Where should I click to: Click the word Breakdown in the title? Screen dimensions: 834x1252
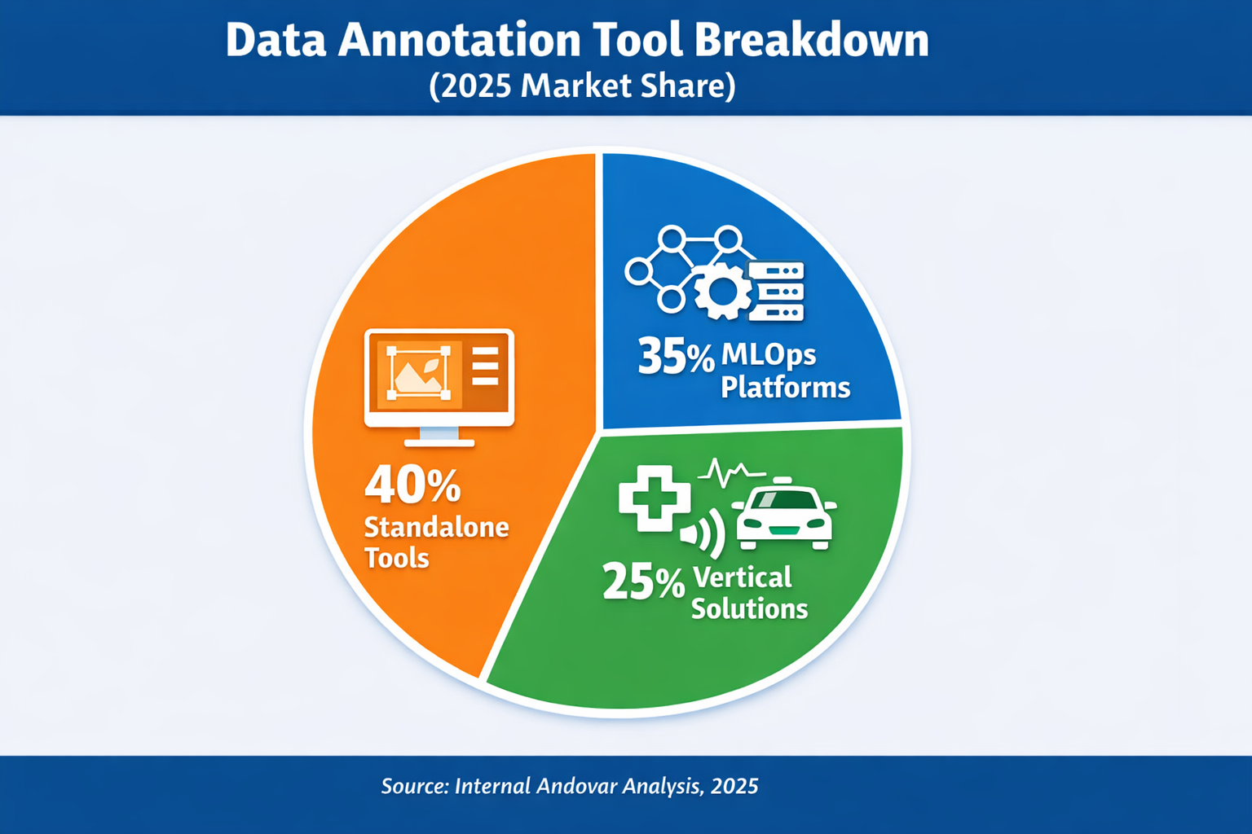point(812,40)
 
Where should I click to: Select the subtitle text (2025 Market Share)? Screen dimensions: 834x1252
point(582,86)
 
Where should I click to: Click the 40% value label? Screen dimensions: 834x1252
point(412,485)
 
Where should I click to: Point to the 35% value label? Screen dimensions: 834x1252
point(675,357)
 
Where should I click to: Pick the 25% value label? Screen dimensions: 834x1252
point(643,582)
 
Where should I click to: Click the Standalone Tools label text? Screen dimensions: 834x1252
point(436,542)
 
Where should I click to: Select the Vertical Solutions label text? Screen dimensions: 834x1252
point(749,593)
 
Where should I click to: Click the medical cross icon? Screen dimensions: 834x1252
point(654,498)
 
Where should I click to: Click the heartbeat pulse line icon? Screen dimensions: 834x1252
point(731,472)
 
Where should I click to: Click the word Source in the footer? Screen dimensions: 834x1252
point(415,786)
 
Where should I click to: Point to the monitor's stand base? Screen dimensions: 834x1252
point(439,441)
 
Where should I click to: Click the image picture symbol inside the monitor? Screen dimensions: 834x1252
point(419,373)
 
